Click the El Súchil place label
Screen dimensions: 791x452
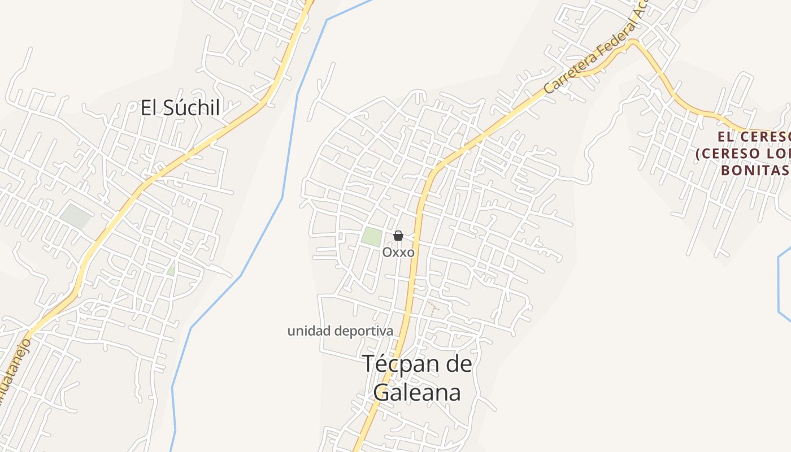180,107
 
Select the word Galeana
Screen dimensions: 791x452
417,393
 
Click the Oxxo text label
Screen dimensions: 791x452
398,253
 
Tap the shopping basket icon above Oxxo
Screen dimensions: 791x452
398,236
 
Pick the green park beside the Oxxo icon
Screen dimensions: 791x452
372,237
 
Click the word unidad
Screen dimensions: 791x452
308,331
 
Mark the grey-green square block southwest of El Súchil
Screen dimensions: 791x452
76,216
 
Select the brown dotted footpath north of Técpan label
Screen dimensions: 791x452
433,307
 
